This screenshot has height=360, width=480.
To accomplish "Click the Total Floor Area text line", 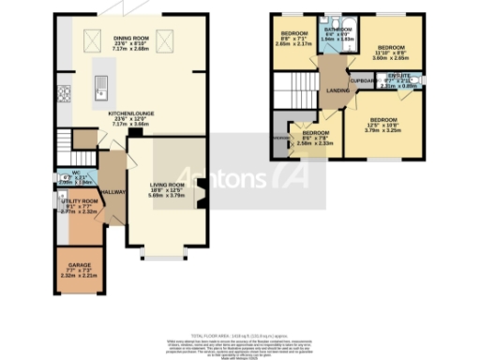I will (x=240, y=335).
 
